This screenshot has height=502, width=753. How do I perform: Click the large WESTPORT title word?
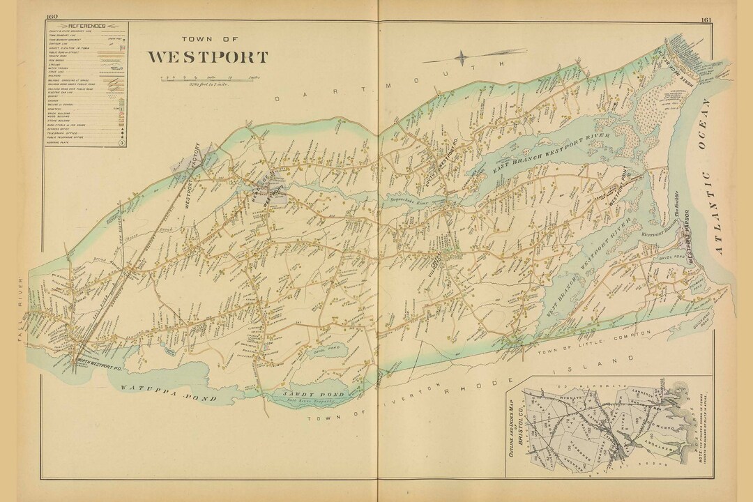207,56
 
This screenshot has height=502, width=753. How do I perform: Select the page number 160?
52,17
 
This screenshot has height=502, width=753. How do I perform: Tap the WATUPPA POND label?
167,393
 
